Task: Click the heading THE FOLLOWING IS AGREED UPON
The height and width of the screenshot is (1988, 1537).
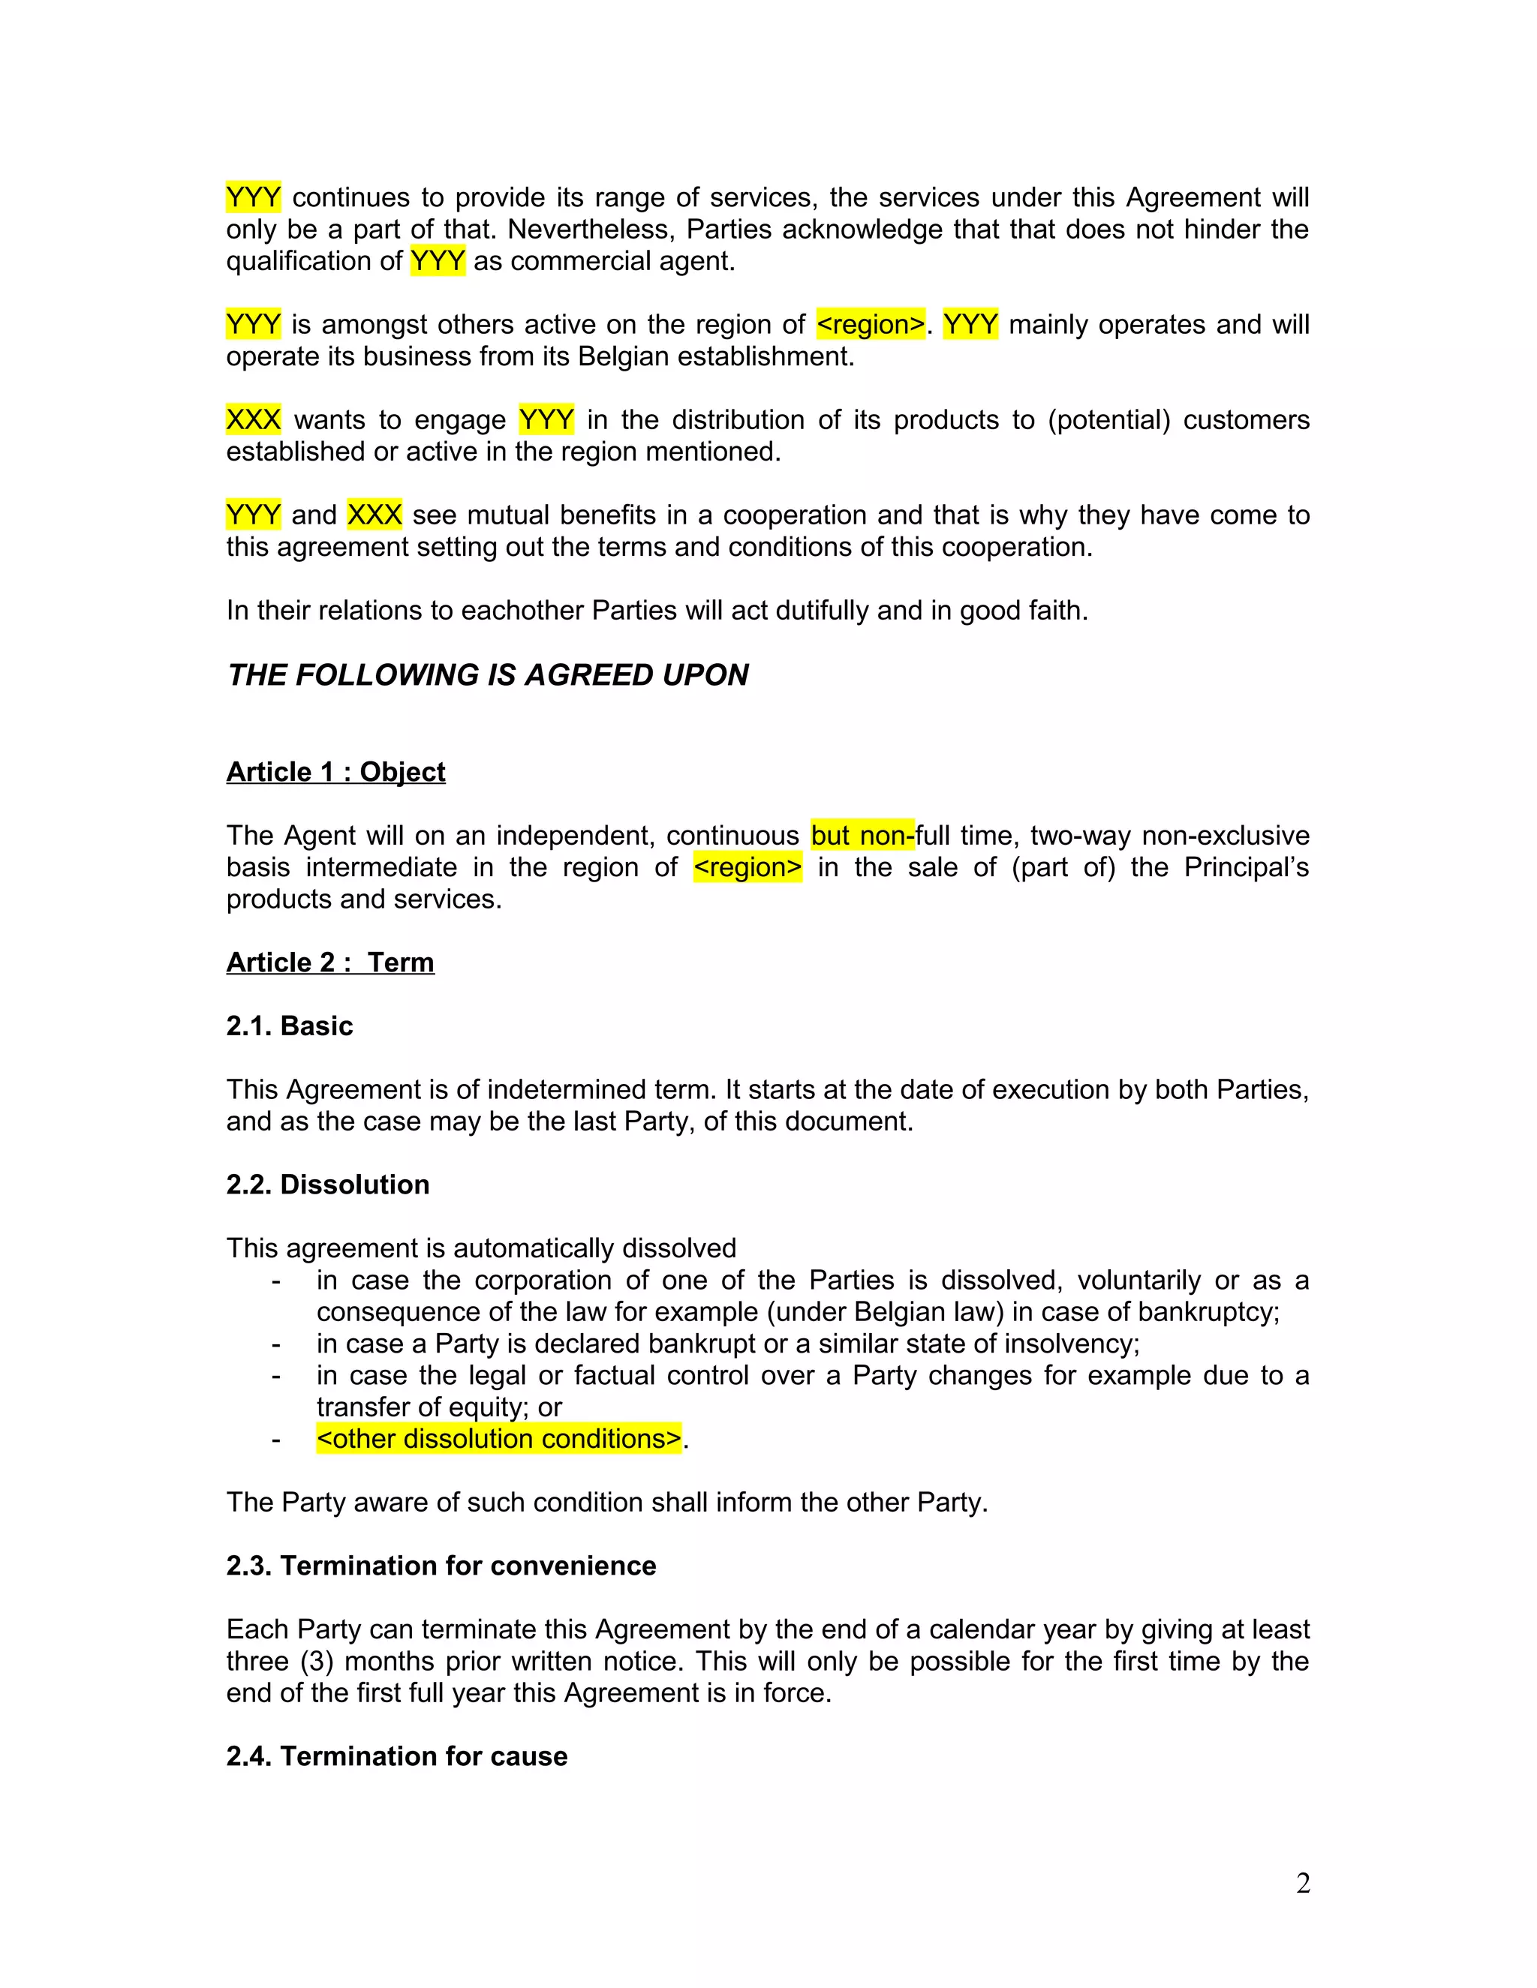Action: pos(487,674)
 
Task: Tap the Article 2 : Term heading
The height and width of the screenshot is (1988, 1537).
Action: pos(329,962)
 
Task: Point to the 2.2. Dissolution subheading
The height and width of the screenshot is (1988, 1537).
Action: pos(327,1185)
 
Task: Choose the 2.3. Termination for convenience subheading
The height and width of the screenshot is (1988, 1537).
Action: pos(441,1566)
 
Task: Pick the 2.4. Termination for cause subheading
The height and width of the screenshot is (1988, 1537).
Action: pos(396,1756)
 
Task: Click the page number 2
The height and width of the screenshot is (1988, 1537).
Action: pos(1303,1883)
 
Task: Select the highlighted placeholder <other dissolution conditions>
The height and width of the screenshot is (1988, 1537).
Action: pos(499,1439)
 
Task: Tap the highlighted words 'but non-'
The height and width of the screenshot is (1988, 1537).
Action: pos(862,836)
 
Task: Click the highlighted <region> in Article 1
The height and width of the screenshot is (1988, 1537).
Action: pos(747,867)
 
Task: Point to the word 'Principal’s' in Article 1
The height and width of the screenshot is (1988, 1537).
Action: pos(1246,867)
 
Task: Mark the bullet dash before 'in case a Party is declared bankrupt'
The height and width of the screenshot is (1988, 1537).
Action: pos(275,1344)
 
